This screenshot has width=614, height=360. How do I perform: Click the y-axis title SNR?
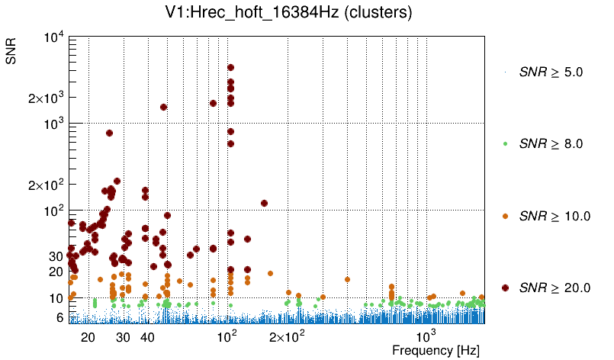[11, 50]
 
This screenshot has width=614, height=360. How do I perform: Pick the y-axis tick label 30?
[54, 256]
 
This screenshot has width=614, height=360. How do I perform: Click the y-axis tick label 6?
[58, 317]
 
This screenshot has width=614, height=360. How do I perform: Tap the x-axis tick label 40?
[147, 337]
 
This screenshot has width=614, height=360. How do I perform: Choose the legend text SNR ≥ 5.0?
[551, 72]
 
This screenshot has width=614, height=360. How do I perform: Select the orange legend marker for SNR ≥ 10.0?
[505, 216]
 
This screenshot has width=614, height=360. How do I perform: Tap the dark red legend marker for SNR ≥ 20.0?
[505, 288]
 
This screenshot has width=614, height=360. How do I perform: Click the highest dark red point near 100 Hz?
[230, 67]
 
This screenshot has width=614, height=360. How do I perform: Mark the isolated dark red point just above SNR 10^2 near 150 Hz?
[264, 203]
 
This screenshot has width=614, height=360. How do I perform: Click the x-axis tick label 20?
[88, 337]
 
